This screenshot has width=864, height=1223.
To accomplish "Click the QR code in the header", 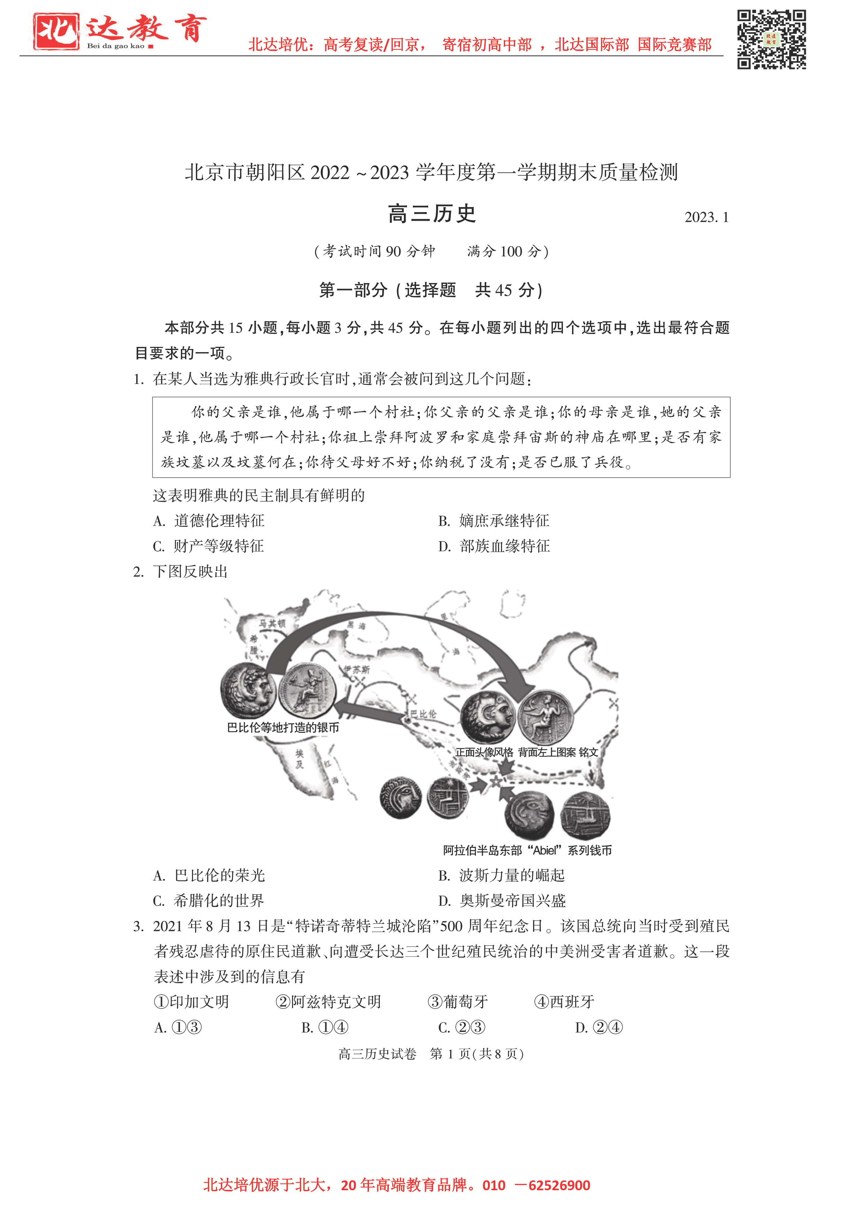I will (771, 39).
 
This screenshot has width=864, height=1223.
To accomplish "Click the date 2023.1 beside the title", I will (706, 217).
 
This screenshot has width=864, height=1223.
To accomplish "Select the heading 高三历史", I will (432, 214).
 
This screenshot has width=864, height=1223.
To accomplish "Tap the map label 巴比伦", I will (423, 714).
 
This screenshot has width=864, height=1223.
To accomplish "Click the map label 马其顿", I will (272, 623).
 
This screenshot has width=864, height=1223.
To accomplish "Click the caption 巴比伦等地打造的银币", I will (283, 728).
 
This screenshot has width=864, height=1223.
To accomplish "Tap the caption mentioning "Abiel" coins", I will (527, 850).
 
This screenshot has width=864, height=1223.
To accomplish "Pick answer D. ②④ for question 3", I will (599, 1027).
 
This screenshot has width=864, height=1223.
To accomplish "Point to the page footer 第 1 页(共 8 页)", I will (477, 1054).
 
